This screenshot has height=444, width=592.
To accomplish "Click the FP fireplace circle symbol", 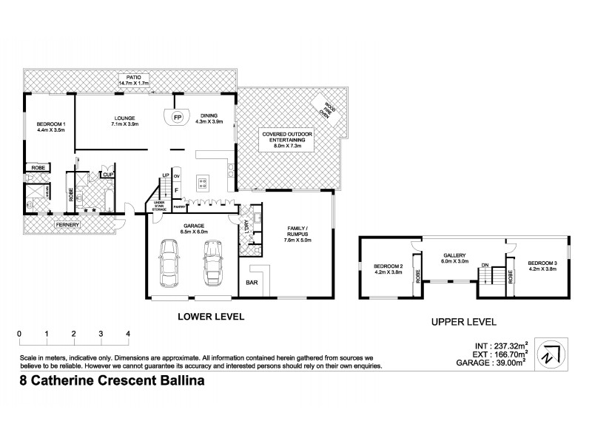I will point(177,118).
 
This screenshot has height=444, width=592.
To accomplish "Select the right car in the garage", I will point(212,266).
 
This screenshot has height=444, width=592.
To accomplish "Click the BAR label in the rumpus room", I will point(253,283).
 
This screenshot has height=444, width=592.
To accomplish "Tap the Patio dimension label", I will point(133,80).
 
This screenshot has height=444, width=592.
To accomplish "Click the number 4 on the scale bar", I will point(128,334).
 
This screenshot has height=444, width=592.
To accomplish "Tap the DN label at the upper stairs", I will point(485,264).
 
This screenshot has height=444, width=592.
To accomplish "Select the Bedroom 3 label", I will point(542,266).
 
